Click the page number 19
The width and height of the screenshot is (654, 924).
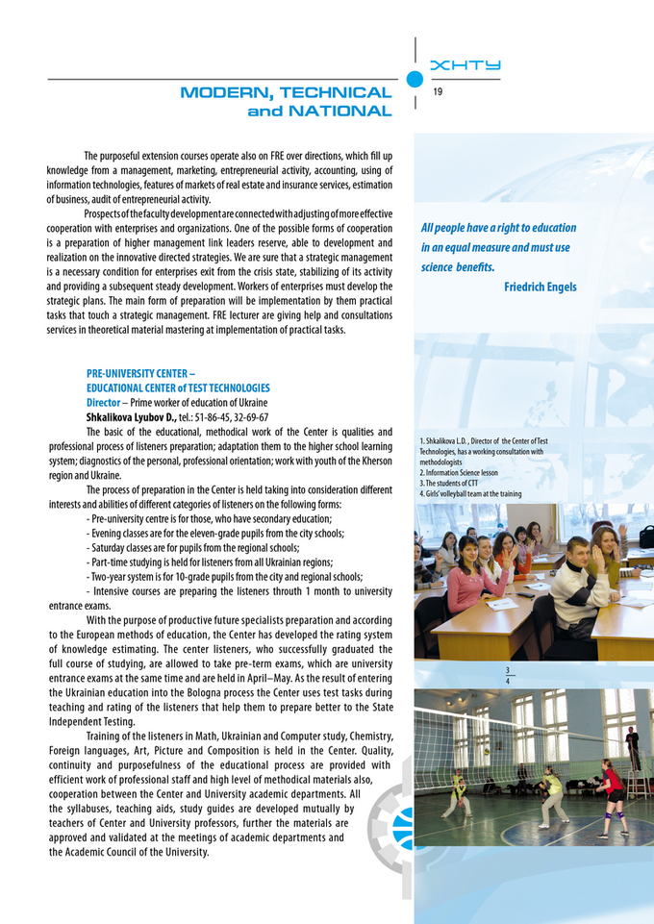pos(438,92)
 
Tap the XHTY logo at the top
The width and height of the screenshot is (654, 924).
pos(465,65)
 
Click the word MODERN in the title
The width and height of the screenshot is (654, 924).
pos(226,93)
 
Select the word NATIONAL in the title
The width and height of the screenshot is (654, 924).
pos(336,112)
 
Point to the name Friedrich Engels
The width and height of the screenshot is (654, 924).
pos(540,287)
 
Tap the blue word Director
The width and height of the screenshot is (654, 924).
pos(103,402)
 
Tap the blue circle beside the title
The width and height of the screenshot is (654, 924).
pos(415,79)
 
